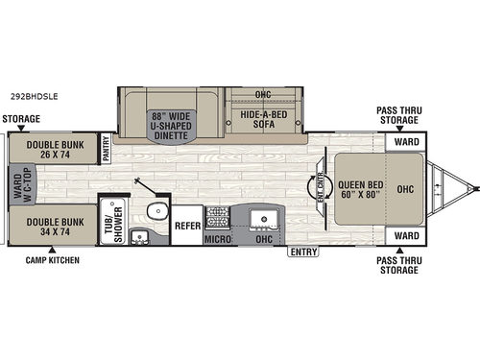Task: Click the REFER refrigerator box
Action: tap(187, 226)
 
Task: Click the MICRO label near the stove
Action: tap(216, 237)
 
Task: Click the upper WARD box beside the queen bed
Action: tap(405, 141)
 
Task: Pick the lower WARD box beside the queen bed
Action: tap(405, 234)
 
